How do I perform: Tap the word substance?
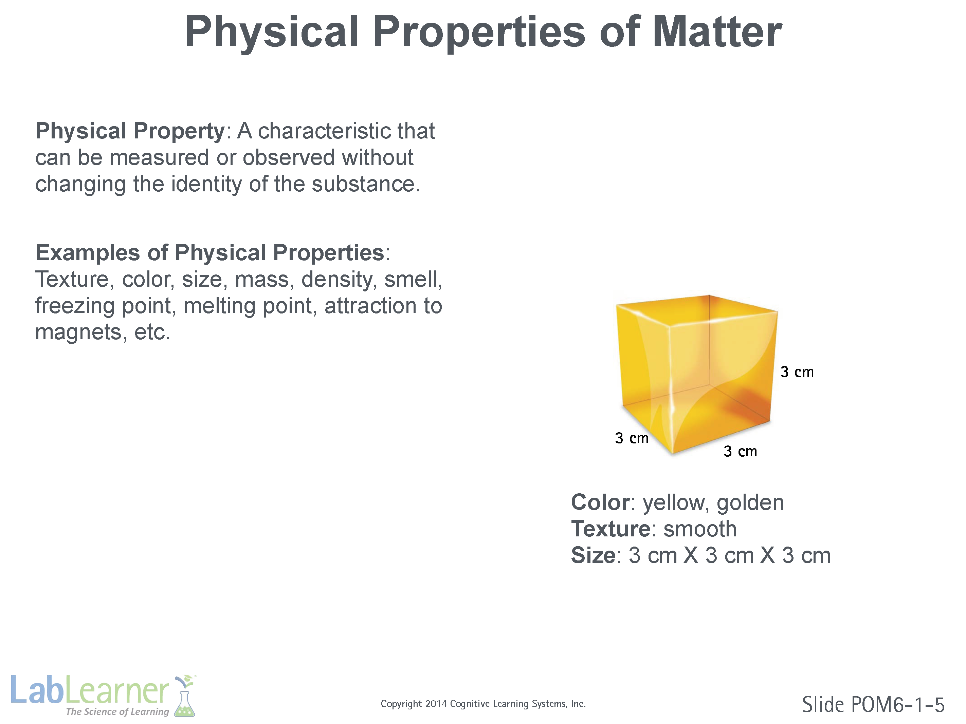[363, 184]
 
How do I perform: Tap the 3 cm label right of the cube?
[797, 372]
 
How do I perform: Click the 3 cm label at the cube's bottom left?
[632, 438]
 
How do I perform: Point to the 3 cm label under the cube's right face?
[740, 451]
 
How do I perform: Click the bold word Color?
[600, 503]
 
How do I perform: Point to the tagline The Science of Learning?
[117, 712]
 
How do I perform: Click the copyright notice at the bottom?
[483, 704]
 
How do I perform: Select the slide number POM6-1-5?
[898, 705]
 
